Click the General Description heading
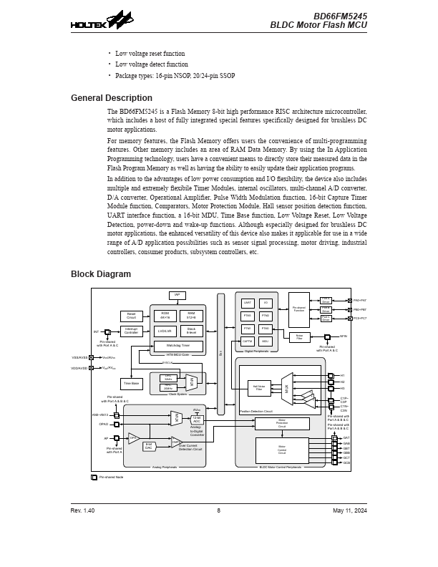click(111, 98)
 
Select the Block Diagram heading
click(101, 274)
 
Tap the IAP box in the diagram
click(177, 295)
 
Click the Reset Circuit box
click(131, 316)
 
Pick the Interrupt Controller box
click(131, 331)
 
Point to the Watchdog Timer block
click(178, 346)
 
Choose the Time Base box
click(130, 384)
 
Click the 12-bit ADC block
click(197, 420)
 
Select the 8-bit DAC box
click(149, 446)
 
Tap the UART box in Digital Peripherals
click(248, 303)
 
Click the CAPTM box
click(248, 341)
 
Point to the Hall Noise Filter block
click(259, 388)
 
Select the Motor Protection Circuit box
click(282, 423)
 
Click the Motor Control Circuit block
click(282, 450)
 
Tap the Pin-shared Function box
click(299, 310)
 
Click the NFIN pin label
click(344, 336)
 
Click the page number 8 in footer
click(219, 510)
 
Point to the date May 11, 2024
click(350, 510)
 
